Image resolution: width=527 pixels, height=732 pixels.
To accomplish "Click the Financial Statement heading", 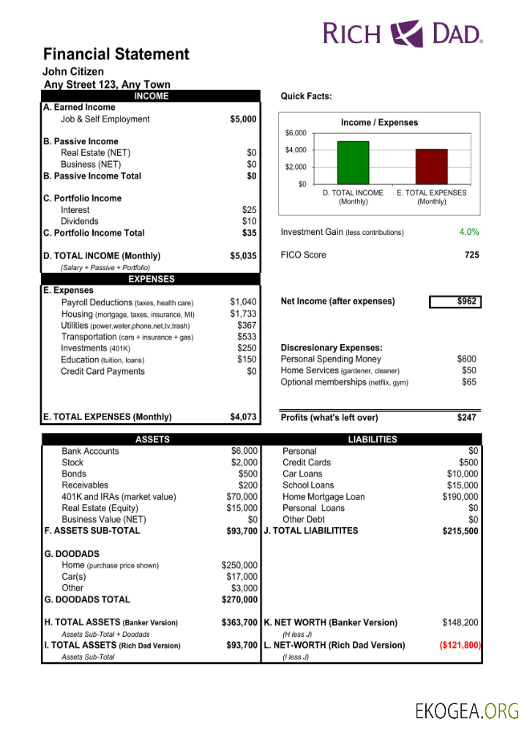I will (x=116, y=54).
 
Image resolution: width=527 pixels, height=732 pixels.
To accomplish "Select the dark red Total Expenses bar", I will (x=431, y=166).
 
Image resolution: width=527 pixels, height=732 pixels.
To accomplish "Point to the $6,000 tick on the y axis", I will (x=296, y=133).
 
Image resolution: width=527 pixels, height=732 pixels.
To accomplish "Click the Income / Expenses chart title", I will (x=379, y=122).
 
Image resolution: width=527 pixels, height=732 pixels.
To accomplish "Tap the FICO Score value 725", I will (x=471, y=255).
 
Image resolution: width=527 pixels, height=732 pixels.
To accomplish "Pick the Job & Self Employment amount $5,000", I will (x=243, y=119).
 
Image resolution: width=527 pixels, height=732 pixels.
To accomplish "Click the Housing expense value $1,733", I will (x=243, y=314).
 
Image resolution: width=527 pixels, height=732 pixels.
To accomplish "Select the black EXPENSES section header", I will (x=152, y=279).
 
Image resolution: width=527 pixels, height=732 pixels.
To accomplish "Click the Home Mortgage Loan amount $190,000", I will (x=460, y=497).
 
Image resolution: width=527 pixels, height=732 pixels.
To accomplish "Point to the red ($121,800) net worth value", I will (x=460, y=646).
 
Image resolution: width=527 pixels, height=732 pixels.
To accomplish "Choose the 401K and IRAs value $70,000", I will (x=242, y=497).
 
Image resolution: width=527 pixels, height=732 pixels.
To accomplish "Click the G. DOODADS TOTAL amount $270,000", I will (x=239, y=600).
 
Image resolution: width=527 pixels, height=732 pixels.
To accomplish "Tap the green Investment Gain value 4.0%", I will (x=468, y=232).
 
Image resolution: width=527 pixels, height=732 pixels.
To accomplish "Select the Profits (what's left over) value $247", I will (x=466, y=418).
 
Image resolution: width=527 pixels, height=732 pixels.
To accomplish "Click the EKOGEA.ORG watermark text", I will (x=466, y=710).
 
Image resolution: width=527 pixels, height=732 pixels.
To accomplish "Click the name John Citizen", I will (x=73, y=72).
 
